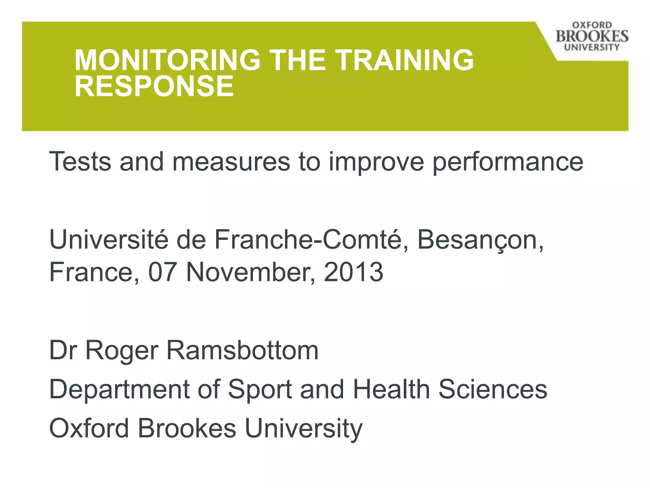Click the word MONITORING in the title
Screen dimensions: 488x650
[167, 60]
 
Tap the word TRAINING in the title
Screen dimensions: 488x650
[404, 60]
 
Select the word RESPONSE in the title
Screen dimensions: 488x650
[154, 86]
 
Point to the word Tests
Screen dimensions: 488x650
[80, 162]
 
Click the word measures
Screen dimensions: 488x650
[231, 162]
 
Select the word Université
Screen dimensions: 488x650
[109, 240]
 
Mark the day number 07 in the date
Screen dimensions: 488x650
[162, 272]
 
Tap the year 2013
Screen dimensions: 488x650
[353, 272]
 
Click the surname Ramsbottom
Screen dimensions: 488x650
[242, 350]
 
